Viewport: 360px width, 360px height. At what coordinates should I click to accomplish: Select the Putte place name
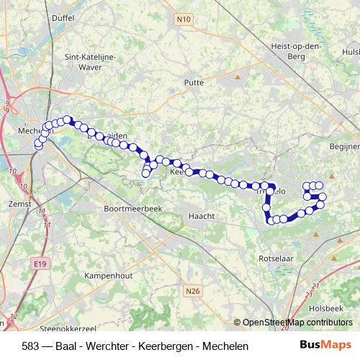pyautogui.click(x=194, y=83)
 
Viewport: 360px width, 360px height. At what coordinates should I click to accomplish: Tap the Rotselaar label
pyautogui.click(x=275, y=257)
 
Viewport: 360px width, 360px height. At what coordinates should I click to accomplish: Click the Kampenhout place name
pyautogui.click(x=108, y=275)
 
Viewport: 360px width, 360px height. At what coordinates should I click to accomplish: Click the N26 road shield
pyautogui.click(x=191, y=292)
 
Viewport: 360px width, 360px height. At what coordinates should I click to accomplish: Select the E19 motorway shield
pyautogui.click(x=40, y=264)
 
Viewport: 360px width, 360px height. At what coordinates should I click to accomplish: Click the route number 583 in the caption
pyautogui.click(x=31, y=346)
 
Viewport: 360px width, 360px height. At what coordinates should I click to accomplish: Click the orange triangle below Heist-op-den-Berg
pyautogui.click(x=238, y=75)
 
